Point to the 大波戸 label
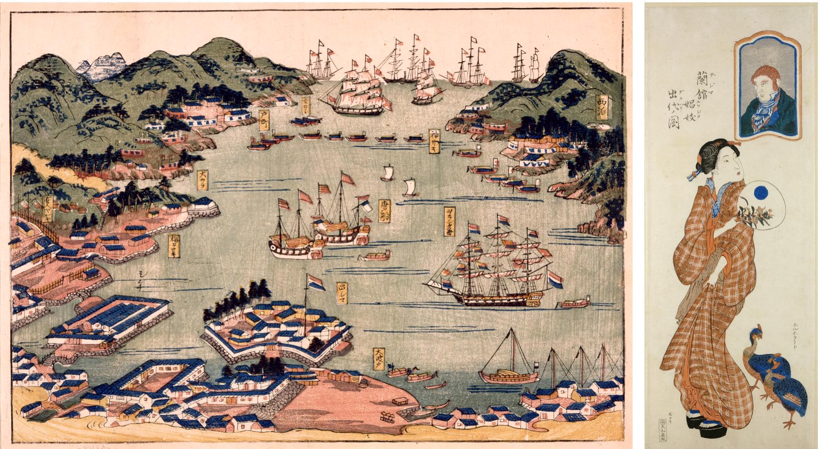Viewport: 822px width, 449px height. tap(378, 359)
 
